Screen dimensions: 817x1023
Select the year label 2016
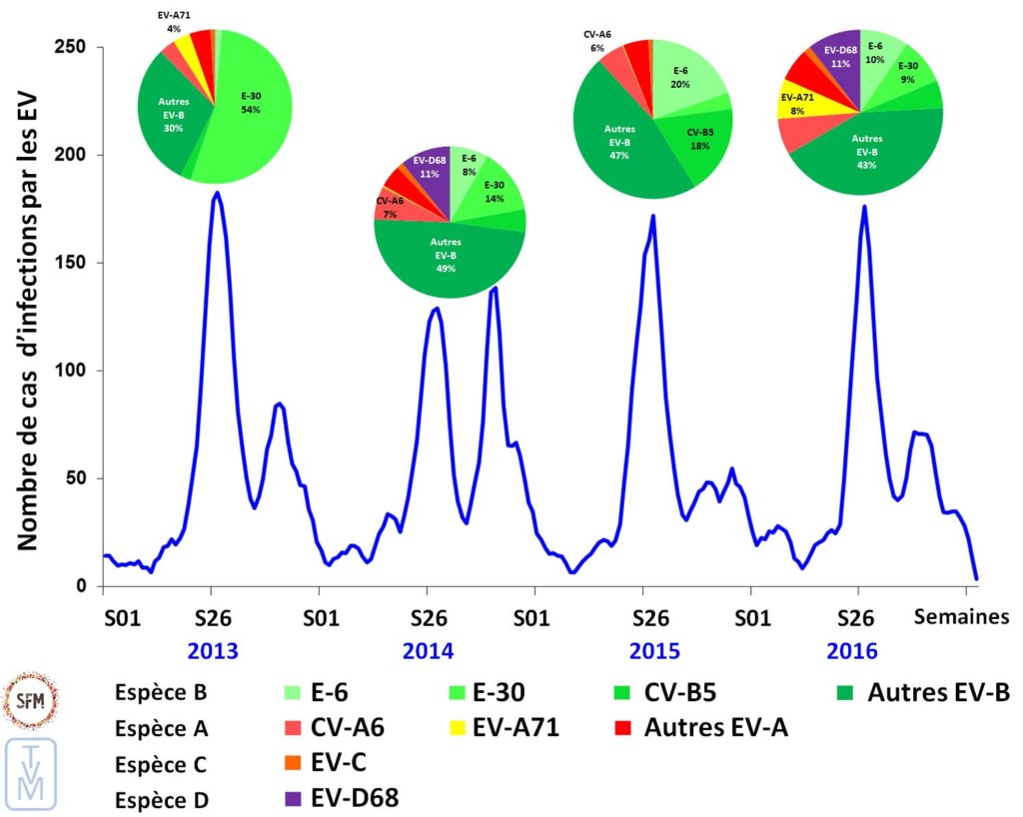tap(851, 651)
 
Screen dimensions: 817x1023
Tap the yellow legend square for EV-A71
tap(459, 726)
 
